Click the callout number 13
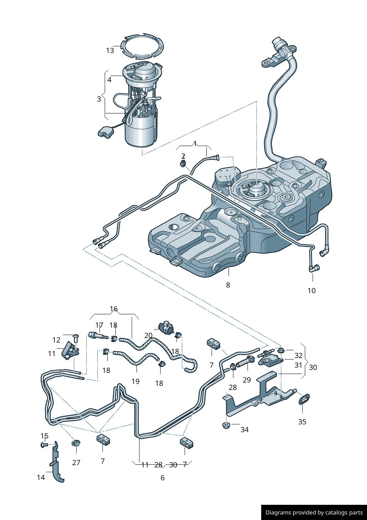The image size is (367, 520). (x=110, y=50)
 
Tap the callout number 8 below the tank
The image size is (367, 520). (x=228, y=285)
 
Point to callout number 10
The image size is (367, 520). (x=312, y=291)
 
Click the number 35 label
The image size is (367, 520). (x=302, y=422)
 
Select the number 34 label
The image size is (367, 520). (x=244, y=430)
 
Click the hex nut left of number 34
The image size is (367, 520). (x=226, y=425)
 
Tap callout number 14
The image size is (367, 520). (x=41, y=477)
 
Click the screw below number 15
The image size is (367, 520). (x=44, y=445)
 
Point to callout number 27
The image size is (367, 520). (x=76, y=463)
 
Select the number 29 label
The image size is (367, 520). (x=247, y=380)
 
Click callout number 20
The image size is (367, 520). (x=148, y=335)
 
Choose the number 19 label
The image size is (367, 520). (x=135, y=381)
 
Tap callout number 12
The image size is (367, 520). (x=56, y=340)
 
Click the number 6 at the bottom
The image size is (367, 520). (x=162, y=478)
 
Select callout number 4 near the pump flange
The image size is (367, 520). (x=110, y=80)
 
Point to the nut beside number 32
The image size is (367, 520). (x=281, y=350)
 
